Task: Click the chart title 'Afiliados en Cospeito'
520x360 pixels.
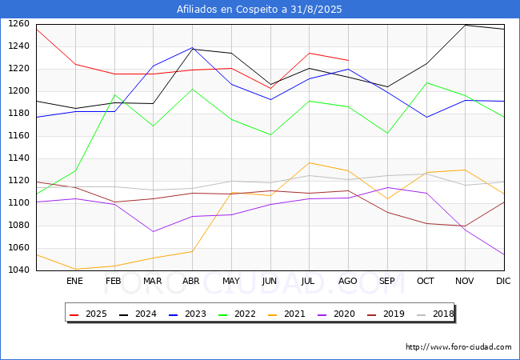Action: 260,10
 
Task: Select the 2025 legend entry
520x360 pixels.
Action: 89,314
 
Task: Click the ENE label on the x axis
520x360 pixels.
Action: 74,282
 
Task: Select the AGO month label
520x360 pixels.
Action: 348,282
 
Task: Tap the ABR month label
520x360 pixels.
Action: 191,282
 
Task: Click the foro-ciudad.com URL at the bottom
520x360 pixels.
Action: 458,347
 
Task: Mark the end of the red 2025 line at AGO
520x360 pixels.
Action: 348,60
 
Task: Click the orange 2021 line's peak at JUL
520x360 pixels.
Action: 309,162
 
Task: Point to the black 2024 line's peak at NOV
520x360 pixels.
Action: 465,25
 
